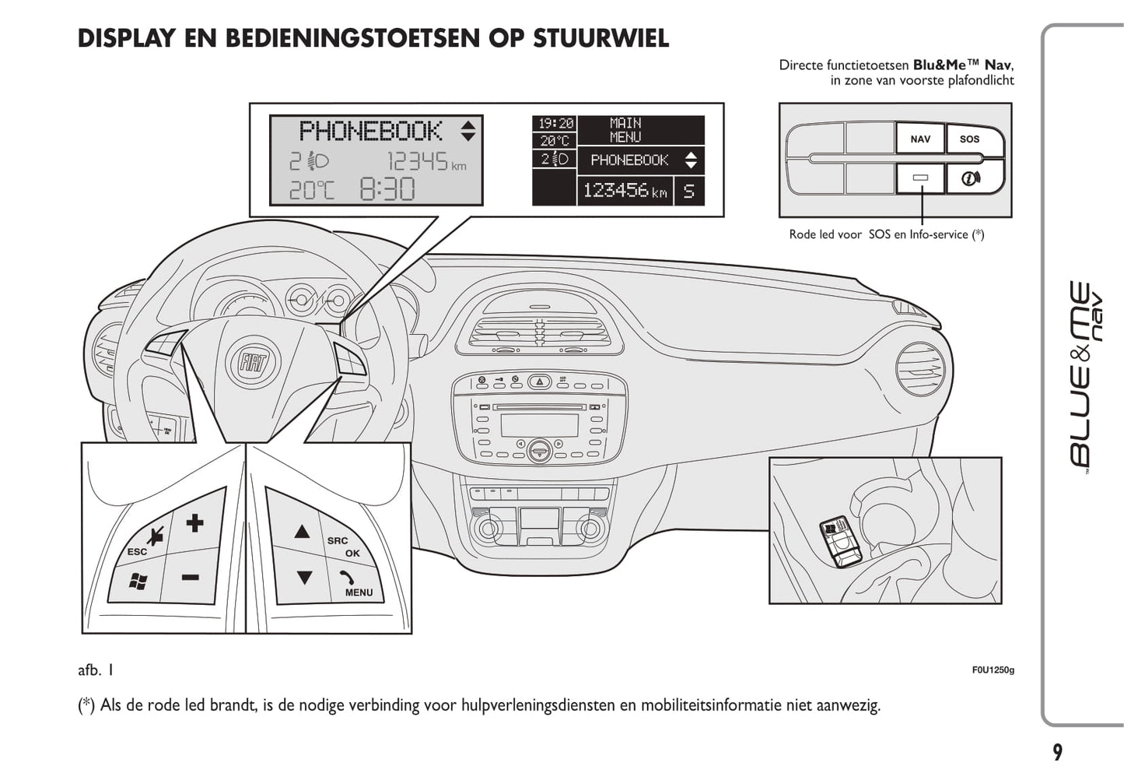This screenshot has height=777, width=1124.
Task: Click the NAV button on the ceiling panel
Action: coord(919,139)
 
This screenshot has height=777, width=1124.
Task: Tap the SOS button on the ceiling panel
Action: coord(969,139)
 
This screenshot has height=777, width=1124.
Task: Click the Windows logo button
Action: coord(138,581)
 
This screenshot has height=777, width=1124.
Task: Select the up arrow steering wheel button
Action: coord(302,533)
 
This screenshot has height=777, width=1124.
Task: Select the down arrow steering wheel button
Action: coord(304,578)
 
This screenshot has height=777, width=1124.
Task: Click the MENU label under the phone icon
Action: coord(359,592)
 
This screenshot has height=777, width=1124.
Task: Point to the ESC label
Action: coord(137,552)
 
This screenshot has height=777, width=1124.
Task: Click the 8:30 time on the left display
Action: coord(387,189)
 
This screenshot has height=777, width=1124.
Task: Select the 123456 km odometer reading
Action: coord(625,191)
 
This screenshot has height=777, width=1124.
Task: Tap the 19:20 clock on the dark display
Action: coord(555,124)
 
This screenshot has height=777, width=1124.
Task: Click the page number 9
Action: coord(1057,752)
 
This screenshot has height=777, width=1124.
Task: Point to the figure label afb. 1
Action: coord(96,670)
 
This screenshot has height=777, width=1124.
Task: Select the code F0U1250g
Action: coord(993,670)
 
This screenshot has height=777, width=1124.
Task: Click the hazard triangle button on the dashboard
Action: coord(539,381)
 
